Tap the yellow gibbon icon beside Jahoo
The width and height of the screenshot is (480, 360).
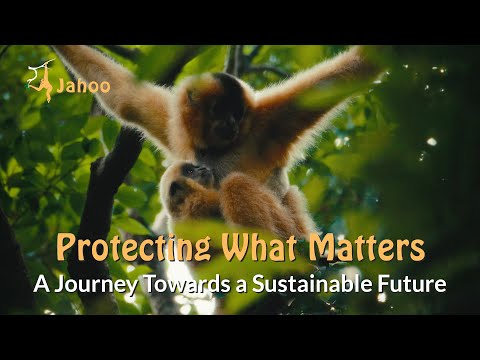pyautogui.click(x=42, y=81)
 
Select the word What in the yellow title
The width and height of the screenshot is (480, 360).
pyautogui.click(x=264, y=247)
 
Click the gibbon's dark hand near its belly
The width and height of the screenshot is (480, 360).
pyautogui.click(x=196, y=176)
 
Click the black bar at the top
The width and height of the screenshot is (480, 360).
pyautogui.click(x=240, y=21)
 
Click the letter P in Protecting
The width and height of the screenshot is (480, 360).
pyautogui.click(x=67, y=247)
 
